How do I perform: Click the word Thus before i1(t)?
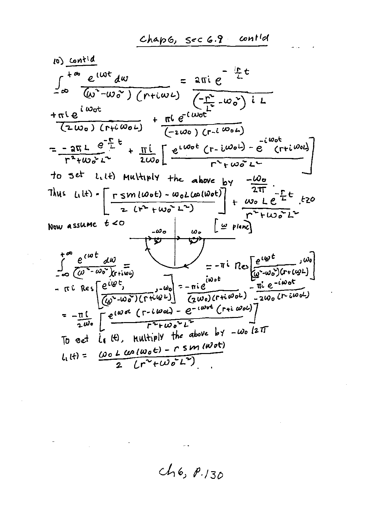[x=56, y=194]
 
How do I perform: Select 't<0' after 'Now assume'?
[x=114, y=224]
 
